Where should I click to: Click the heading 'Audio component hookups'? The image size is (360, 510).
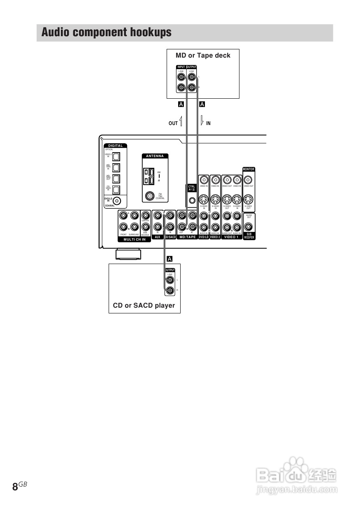click(x=106, y=32)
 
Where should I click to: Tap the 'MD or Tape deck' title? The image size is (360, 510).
click(x=203, y=56)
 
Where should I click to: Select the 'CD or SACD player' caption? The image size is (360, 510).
click(x=144, y=306)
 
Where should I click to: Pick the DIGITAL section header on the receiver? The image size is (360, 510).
click(x=116, y=146)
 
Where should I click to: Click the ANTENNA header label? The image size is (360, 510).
click(x=155, y=156)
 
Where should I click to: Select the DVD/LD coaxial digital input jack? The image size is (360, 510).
click(x=118, y=201)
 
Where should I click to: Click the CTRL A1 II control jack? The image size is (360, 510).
click(x=192, y=201)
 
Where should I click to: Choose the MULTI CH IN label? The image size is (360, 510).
click(x=135, y=239)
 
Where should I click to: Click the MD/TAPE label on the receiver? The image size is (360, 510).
click(x=188, y=237)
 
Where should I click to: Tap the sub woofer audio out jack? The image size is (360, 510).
click(x=249, y=226)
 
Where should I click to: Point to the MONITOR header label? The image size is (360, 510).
click(x=249, y=169)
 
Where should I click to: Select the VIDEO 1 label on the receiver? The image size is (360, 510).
click(x=231, y=237)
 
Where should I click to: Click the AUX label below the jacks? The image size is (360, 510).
click(x=157, y=237)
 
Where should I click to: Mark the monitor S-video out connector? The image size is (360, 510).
click(x=248, y=200)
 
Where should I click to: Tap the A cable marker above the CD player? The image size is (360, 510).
click(x=170, y=259)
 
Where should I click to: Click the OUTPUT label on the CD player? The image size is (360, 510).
click(x=170, y=270)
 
